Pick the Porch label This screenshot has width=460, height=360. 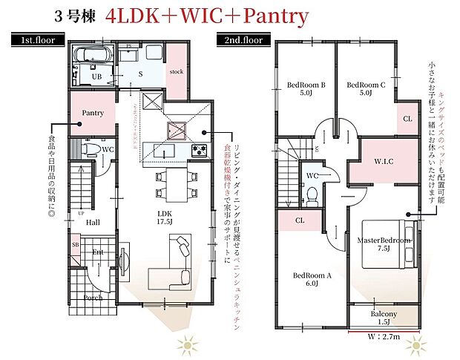click(93, 298)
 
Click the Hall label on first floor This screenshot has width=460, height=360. click(92, 221)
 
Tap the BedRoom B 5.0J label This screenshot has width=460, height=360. click(306, 89)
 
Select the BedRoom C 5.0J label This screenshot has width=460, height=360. click(366, 89)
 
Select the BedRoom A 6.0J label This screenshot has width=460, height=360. click(311, 279)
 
